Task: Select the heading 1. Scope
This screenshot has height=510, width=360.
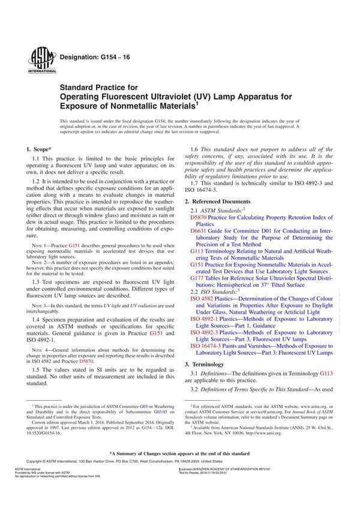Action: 39,148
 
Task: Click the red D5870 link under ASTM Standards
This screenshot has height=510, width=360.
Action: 199,219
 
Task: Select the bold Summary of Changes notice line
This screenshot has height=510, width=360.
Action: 179,453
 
